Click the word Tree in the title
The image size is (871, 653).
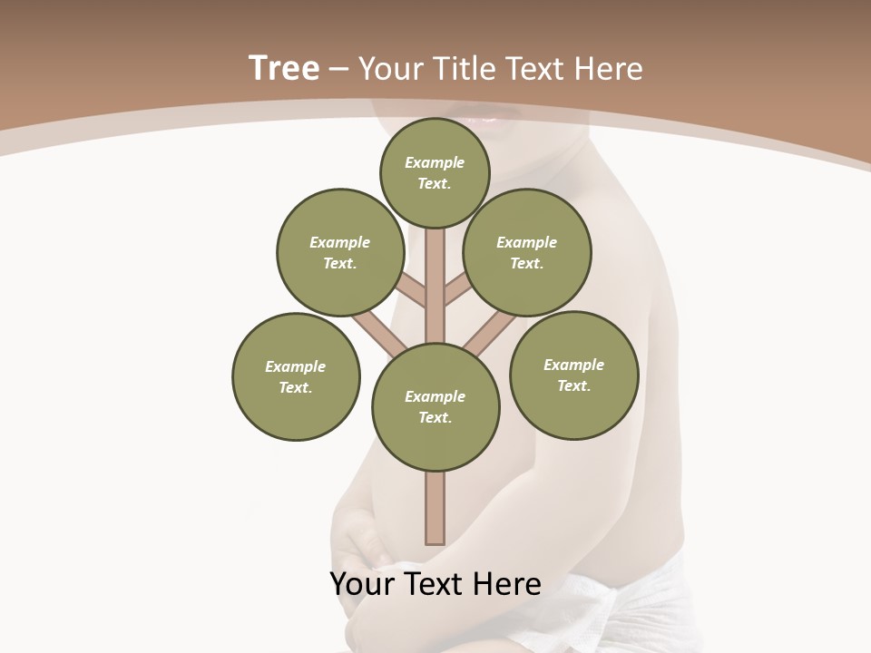pyautogui.click(x=284, y=69)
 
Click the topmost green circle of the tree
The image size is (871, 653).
pyautogui.click(x=435, y=172)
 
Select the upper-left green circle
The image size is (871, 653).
pyautogui.click(x=340, y=252)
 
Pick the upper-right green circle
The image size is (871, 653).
pyautogui.click(x=527, y=252)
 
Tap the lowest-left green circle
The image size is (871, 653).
pyautogui.click(x=296, y=376)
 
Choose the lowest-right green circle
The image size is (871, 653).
pyautogui.click(x=573, y=375)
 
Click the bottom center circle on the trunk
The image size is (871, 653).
pyautogui.click(x=435, y=406)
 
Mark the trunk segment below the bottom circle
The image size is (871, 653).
pyautogui.click(x=435, y=508)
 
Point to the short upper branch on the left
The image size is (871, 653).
pyautogui.click(x=411, y=290)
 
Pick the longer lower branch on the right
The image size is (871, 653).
pyautogui.click(x=490, y=333)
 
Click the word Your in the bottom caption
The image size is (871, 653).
pyautogui.click(x=359, y=584)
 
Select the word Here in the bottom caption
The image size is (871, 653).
pyautogui.click(x=508, y=584)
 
